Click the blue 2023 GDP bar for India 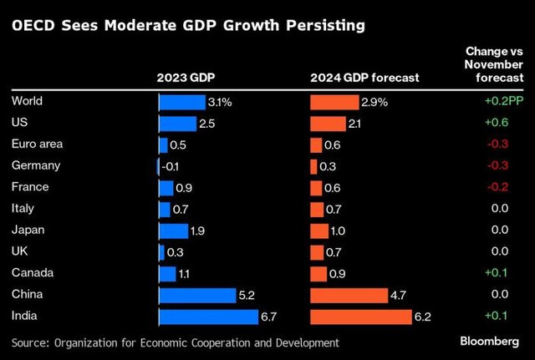click(x=208, y=317)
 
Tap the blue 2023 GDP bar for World click(x=181, y=102)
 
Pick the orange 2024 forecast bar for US click(x=328, y=124)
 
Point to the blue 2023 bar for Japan click(x=173, y=231)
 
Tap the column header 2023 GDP click(x=186, y=79)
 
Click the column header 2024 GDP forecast click(x=364, y=79)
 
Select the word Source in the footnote click(x=32, y=342)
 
